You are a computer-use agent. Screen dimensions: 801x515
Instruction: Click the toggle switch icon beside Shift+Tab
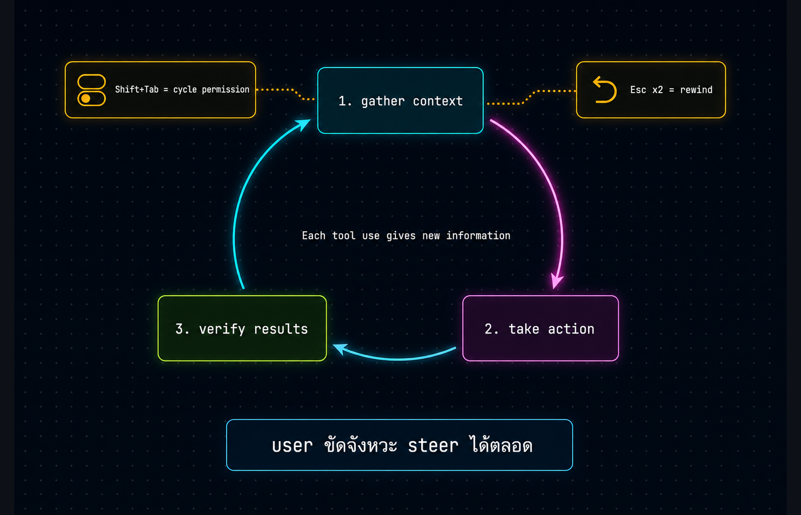tap(92, 90)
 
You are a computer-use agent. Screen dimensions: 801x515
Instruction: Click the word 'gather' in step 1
tap(383, 102)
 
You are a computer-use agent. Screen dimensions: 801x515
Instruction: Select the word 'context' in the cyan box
tap(438, 101)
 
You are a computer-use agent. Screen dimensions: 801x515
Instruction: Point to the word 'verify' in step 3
tap(222, 329)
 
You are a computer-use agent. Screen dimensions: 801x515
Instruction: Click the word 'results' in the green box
tap(281, 329)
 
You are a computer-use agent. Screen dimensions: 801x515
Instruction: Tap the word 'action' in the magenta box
tap(571, 329)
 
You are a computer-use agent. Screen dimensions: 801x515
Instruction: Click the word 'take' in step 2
tap(524, 329)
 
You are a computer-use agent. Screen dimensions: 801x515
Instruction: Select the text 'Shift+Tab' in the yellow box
tap(137, 89)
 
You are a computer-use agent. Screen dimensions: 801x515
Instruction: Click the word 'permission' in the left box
tap(225, 90)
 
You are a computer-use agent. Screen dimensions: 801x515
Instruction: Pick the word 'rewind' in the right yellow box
tap(696, 90)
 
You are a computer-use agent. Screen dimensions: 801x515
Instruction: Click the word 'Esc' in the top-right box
tap(638, 90)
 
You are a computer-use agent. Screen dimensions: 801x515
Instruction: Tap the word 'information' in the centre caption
tap(478, 236)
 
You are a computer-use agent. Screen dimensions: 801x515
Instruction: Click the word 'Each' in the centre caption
tap(314, 236)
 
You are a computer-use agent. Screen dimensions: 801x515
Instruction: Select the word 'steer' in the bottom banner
tap(433, 446)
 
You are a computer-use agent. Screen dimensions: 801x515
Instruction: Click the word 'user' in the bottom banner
tap(292, 446)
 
